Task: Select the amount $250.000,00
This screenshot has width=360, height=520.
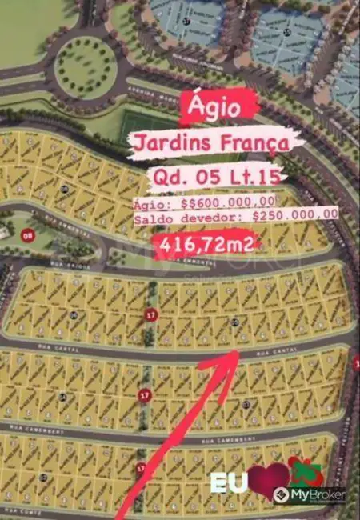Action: (x=294, y=214)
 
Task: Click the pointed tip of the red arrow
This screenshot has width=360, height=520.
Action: (x=239, y=350)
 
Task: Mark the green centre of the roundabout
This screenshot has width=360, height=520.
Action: (x=86, y=64)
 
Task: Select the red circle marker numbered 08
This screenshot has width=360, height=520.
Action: (x=28, y=236)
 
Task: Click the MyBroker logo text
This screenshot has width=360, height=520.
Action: (x=319, y=496)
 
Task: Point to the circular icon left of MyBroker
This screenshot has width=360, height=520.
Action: (x=282, y=496)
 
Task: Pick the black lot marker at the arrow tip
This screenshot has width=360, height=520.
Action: (x=234, y=322)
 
